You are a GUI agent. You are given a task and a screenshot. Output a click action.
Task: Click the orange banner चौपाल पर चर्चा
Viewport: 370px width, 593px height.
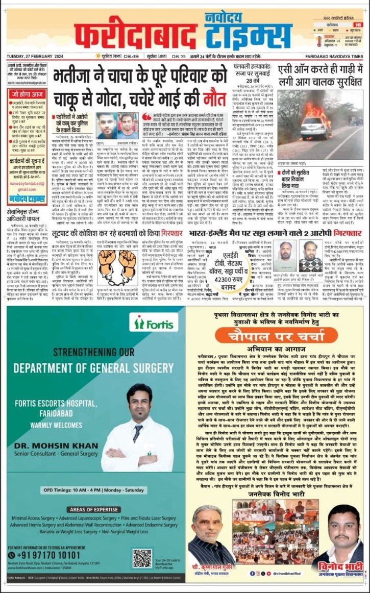(x=279, y=337)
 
